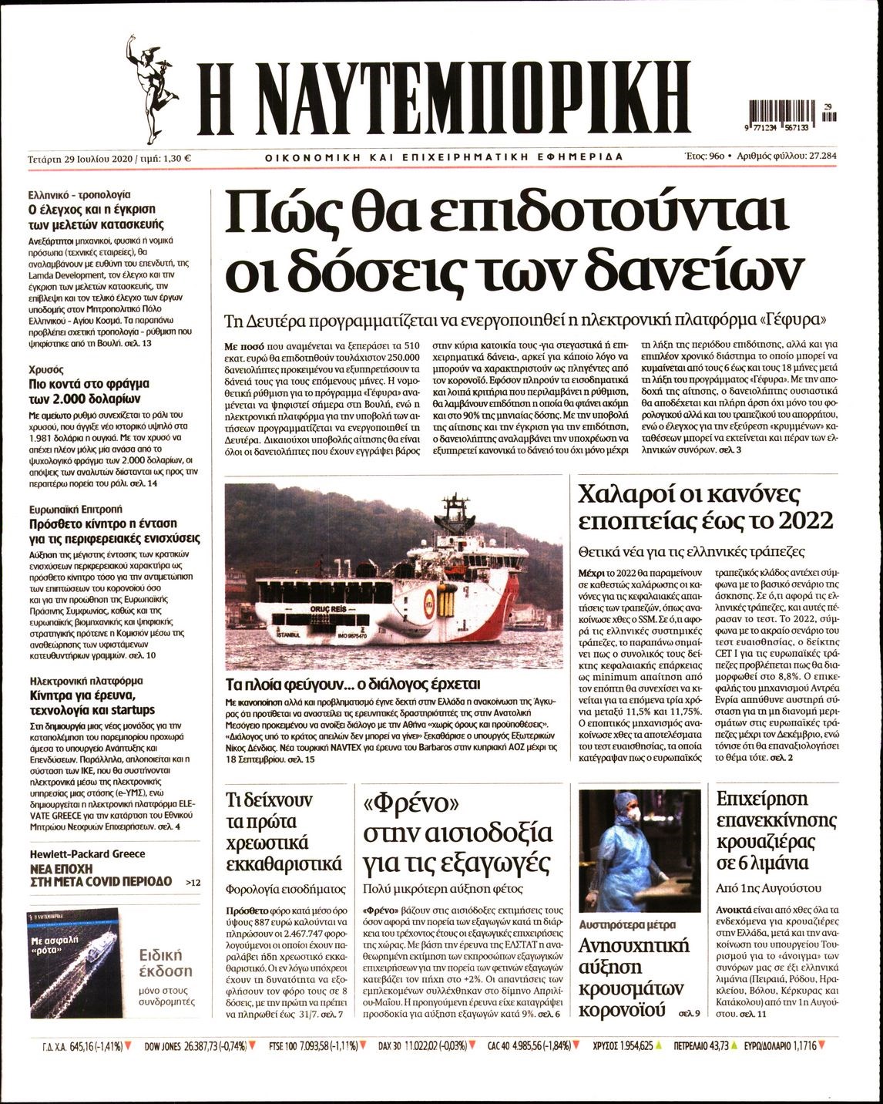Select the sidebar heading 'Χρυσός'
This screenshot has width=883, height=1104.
[x=45, y=369]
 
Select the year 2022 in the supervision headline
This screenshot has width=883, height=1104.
[x=805, y=521]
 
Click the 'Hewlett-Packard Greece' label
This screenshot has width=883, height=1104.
[x=87, y=854]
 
